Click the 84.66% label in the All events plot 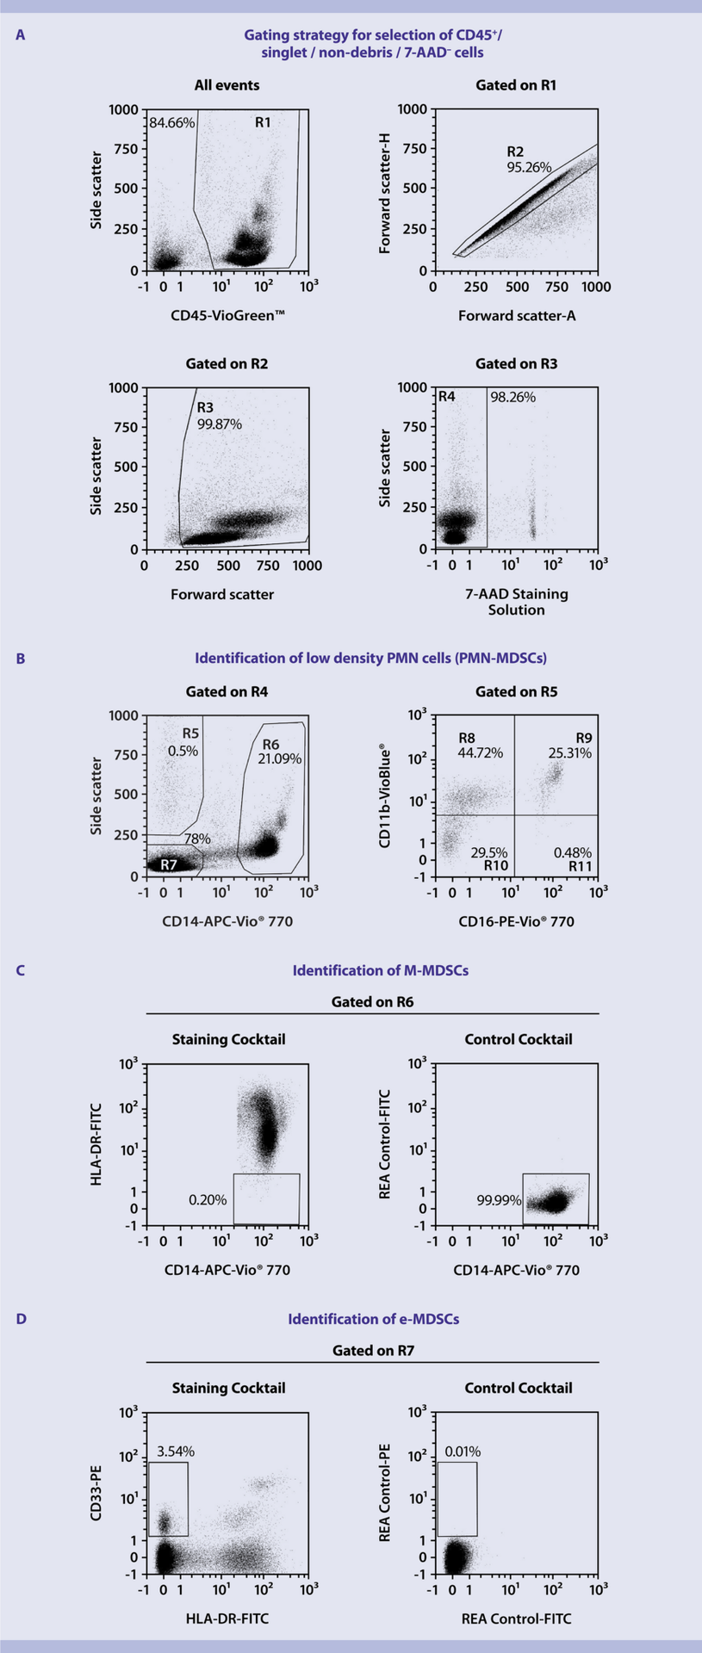point(172,123)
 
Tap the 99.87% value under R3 point(220,424)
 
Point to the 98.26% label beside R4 point(513,397)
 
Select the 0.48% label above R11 point(572,852)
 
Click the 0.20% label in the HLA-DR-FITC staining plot point(208,1199)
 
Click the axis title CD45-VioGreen point(227,315)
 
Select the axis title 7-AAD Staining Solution point(516,602)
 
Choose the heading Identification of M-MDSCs point(381,970)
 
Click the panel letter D point(21,1319)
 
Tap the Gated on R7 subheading point(373,1351)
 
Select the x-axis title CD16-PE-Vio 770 point(516,921)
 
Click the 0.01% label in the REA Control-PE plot point(463,1452)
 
